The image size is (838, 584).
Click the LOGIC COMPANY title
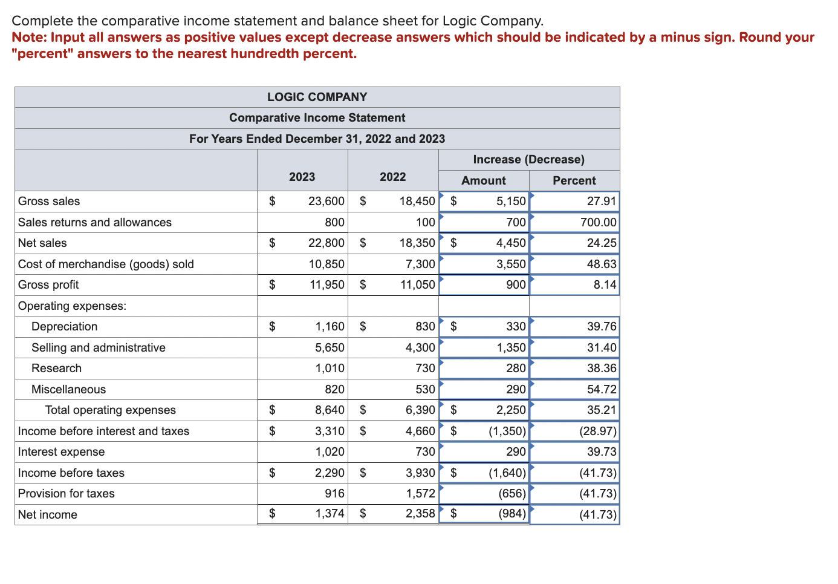(317, 97)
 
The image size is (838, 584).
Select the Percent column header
(574, 180)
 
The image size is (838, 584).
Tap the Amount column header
(483, 180)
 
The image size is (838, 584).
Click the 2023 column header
(302, 177)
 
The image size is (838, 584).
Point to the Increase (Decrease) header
(528, 159)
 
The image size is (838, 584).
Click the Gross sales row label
(49, 201)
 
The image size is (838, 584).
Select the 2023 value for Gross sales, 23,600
(326, 201)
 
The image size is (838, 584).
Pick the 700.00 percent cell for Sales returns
(598, 222)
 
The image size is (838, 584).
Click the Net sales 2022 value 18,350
(417, 243)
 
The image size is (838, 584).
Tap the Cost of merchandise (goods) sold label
(106, 264)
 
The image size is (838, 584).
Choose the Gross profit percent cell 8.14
(604, 284)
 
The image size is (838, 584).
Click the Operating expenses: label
(72, 306)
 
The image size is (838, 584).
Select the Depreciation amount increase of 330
(515, 326)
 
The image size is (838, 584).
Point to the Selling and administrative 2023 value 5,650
(330, 347)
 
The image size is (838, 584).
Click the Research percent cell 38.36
(601, 368)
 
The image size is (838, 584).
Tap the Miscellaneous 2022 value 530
(424, 389)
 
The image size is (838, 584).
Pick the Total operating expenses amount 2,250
(510, 410)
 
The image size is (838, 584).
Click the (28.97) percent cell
(597, 431)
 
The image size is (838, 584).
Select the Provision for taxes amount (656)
(512, 493)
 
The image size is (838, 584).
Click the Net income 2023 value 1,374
(330, 514)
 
